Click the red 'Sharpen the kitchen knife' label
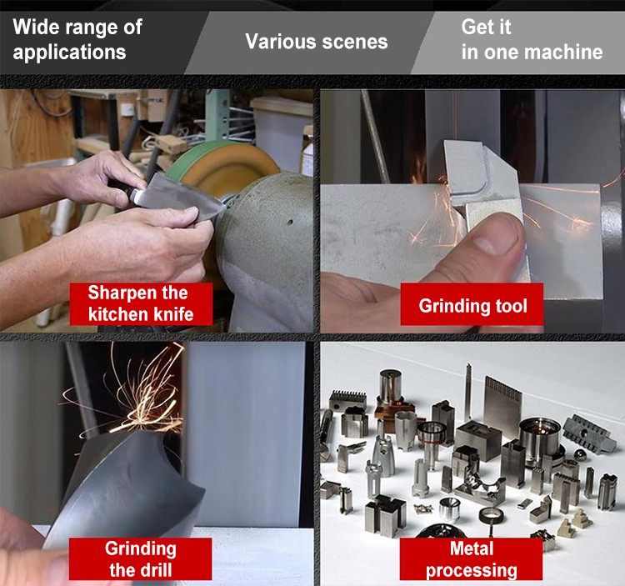click(x=141, y=303)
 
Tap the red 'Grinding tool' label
click(x=472, y=304)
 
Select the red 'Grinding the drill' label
click(x=140, y=558)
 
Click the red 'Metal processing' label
click(x=471, y=558)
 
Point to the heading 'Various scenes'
click(x=317, y=42)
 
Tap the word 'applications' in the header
click(x=69, y=53)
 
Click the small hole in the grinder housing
click(x=291, y=222)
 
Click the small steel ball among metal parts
click(x=579, y=454)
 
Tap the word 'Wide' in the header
click(x=36, y=28)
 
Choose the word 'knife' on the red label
click(x=173, y=314)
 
